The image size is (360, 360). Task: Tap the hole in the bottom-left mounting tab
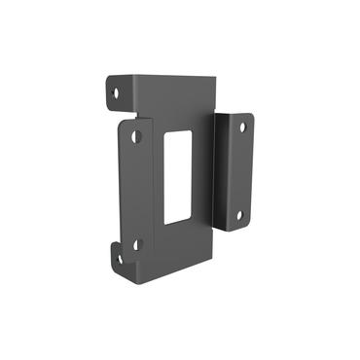coord(118,258)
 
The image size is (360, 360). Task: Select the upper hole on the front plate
coord(137,136)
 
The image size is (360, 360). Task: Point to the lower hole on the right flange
coord(240,215)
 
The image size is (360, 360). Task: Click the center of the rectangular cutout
coord(178,176)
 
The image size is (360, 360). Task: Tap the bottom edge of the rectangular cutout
coord(176,223)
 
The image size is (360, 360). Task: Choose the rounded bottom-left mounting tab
coord(116,258)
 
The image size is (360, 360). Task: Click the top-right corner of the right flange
coord(251,116)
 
